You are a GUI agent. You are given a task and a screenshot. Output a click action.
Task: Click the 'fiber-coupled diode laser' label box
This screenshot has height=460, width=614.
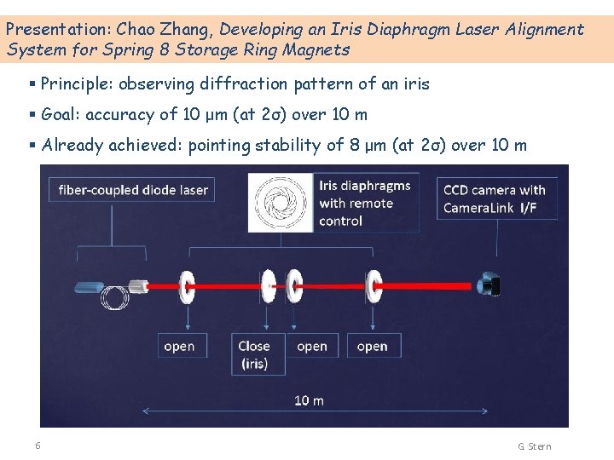pyautogui.click(x=134, y=190)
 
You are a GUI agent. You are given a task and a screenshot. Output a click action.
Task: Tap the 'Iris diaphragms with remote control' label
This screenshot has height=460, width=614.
pyautogui.click(x=365, y=203)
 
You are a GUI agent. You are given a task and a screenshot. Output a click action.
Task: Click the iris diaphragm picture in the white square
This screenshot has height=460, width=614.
pyautogui.click(x=280, y=203)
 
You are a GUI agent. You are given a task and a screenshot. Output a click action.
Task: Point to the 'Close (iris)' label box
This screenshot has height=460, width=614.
pyautogui.click(x=254, y=354)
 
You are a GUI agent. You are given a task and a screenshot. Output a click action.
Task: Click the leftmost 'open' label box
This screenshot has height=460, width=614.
pyautogui.click(x=179, y=346)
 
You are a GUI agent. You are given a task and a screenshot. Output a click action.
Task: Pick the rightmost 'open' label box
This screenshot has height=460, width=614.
pyautogui.click(x=372, y=346)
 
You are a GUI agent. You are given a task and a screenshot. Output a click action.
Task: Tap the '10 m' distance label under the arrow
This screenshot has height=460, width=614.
pyautogui.click(x=309, y=400)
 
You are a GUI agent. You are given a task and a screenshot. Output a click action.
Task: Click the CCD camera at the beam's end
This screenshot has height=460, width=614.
pyautogui.click(x=489, y=285)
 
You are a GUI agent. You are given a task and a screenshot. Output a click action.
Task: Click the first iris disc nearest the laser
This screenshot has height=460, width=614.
pyautogui.click(x=185, y=285)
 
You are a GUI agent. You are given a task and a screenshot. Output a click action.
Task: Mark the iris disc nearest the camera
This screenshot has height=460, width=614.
pyautogui.click(x=374, y=285)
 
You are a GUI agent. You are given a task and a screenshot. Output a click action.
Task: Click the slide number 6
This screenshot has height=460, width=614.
pyautogui.click(x=38, y=446)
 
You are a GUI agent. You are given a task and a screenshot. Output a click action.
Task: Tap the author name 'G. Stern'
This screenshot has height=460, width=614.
pyautogui.click(x=535, y=446)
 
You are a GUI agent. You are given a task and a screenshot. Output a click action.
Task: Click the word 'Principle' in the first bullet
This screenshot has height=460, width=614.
pyautogui.click(x=76, y=83)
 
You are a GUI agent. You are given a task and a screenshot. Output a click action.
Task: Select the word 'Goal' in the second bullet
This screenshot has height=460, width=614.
pyautogui.click(x=59, y=114)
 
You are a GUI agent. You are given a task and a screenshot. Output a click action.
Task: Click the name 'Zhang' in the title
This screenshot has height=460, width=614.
pyautogui.click(x=184, y=29)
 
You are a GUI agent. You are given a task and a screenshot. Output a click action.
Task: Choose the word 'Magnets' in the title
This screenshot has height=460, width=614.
pyautogui.click(x=317, y=49)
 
